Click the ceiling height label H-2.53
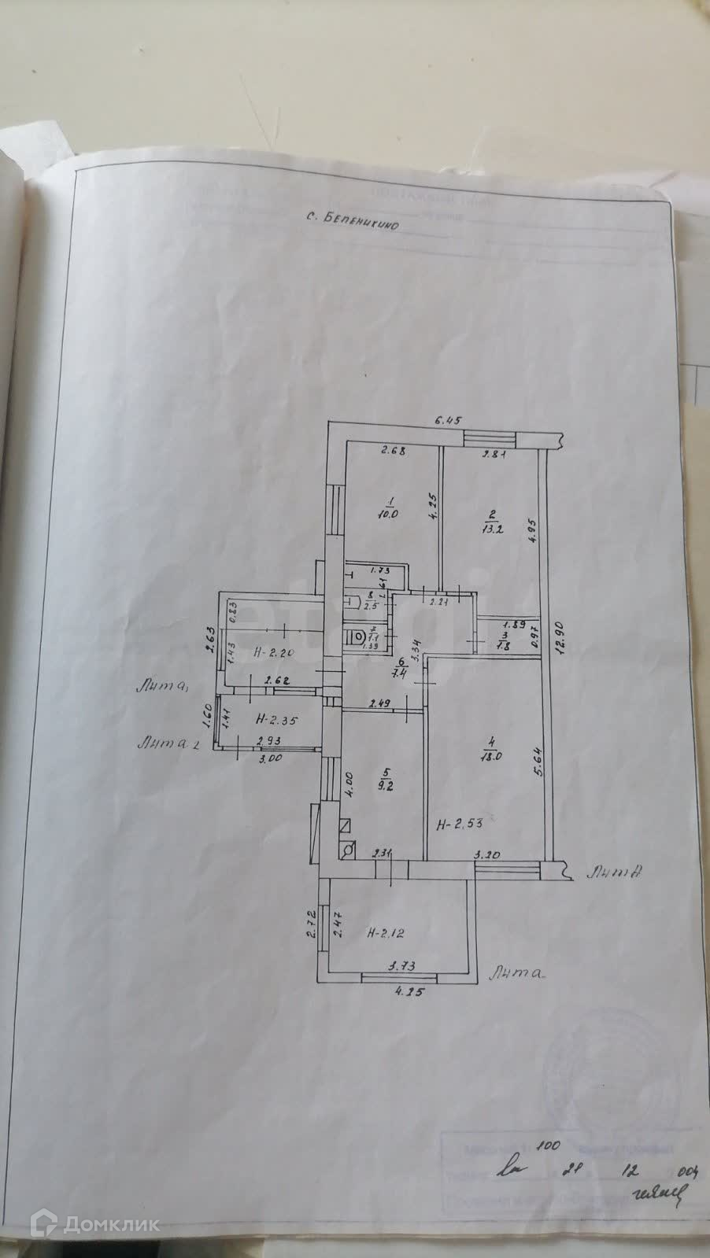(459, 825)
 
